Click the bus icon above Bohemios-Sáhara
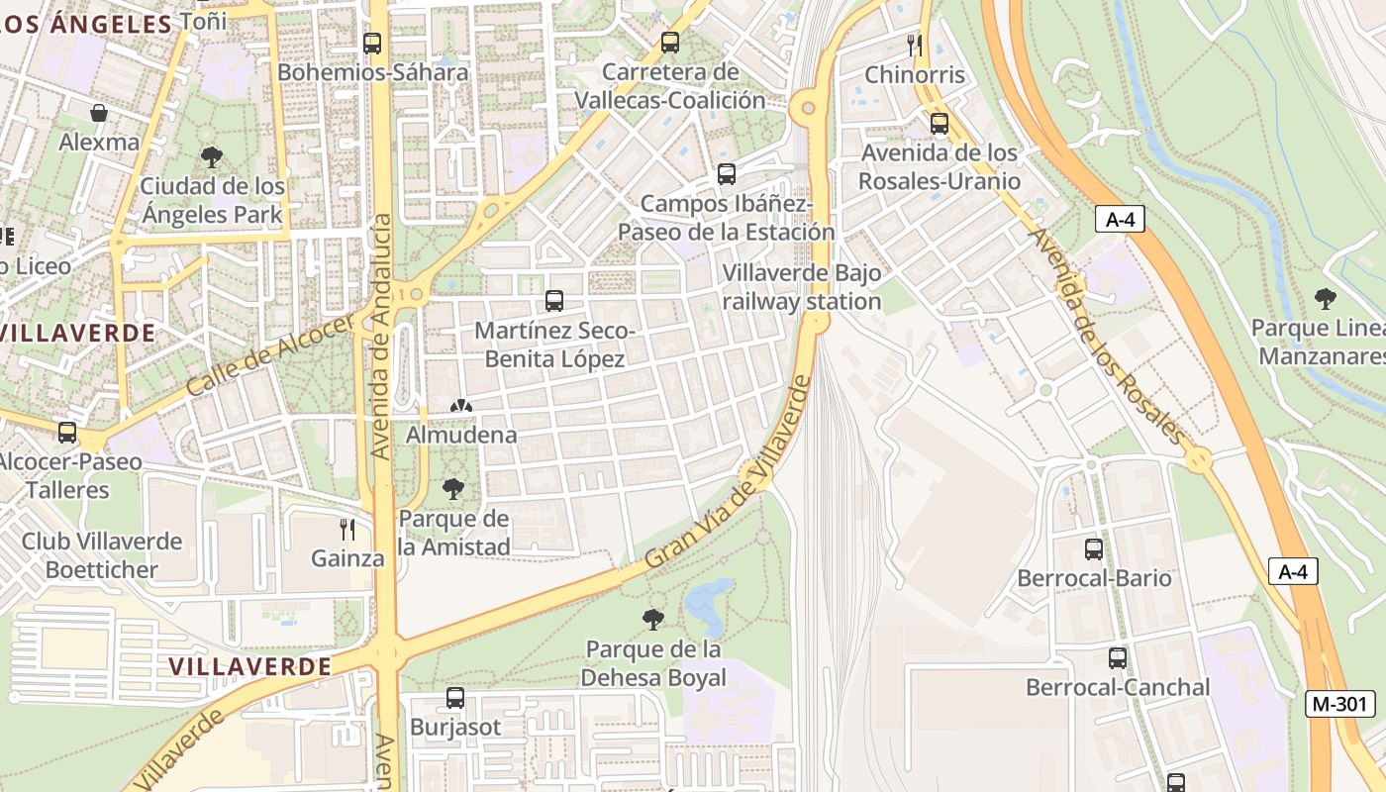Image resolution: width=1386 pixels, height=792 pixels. [372, 43]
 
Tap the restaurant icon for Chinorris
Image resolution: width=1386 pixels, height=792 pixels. [915, 45]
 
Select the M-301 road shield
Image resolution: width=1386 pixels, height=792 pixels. [1340, 704]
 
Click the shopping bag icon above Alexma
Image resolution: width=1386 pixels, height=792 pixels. [99, 113]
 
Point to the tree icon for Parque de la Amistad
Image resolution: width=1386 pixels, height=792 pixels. [453, 488]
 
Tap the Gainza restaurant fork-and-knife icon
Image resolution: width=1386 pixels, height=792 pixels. [347, 529]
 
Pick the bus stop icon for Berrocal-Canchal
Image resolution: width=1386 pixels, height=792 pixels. [1118, 657]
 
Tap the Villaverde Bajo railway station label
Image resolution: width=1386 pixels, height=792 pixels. [801, 287]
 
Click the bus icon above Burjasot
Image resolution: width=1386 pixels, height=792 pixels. [455, 697]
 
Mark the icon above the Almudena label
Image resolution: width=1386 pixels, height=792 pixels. [460, 406]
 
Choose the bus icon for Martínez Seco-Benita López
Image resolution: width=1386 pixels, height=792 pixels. [554, 300]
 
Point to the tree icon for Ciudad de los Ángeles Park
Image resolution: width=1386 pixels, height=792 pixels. [211, 156]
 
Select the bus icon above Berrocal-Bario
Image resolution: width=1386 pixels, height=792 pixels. [1094, 548]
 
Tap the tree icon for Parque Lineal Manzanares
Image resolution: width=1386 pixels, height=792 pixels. [1325, 298]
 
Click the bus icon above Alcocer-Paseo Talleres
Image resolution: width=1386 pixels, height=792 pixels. [67, 432]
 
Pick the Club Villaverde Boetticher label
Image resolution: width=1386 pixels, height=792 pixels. [102, 555]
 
